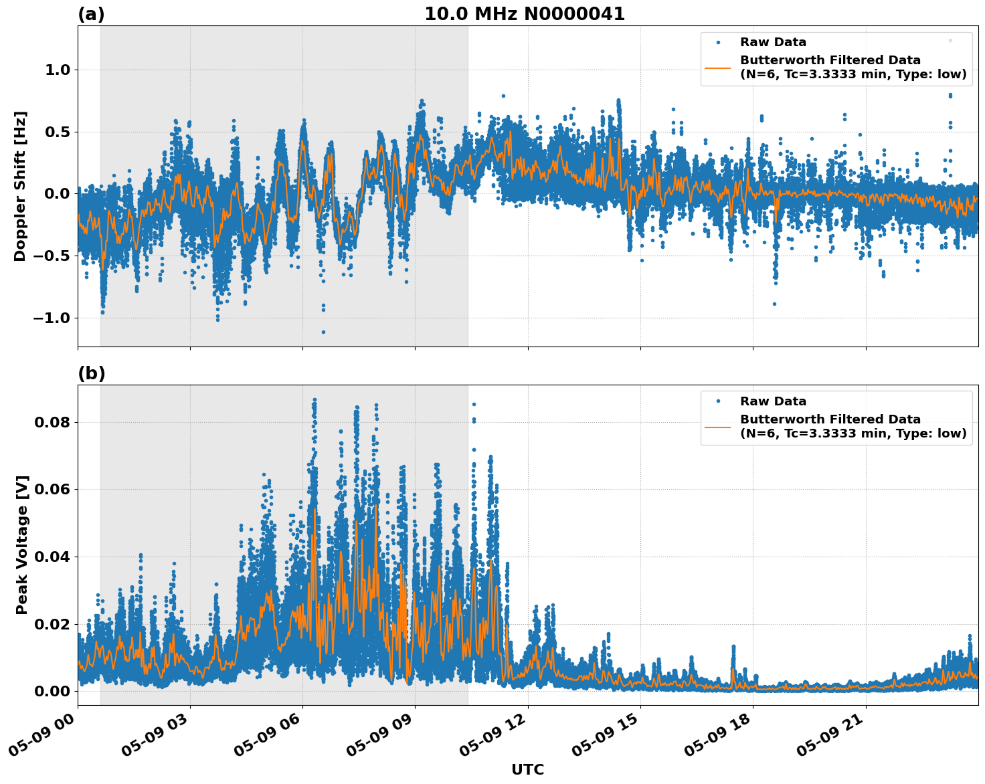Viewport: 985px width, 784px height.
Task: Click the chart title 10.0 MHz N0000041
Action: pyautogui.click(x=525, y=14)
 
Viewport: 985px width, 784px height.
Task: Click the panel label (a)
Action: pyautogui.click(x=91, y=14)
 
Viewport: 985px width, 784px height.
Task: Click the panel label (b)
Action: pyautogui.click(x=91, y=373)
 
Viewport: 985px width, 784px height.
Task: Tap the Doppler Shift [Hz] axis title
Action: pyautogui.click(x=20, y=186)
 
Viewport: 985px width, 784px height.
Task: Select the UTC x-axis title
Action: pyautogui.click(x=527, y=770)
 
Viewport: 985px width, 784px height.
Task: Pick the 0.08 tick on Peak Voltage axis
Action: pyautogui.click(x=52, y=423)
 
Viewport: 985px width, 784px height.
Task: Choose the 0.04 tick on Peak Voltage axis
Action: pyautogui.click(x=52, y=557)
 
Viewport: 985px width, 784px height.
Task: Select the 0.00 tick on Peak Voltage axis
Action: pyautogui.click(x=52, y=692)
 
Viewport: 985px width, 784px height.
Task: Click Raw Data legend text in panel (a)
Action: pyautogui.click(x=773, y=42)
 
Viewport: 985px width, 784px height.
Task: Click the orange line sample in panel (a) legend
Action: pyautogui.click(x=717, y=68)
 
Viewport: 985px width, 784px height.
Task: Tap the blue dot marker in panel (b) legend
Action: pyautogui.click(x=717, y=401)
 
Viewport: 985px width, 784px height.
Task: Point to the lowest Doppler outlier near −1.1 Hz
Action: pyautogui.click(x=323, y=332)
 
